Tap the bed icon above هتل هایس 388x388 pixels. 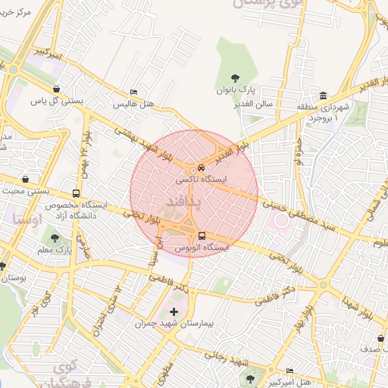tap(134, 92)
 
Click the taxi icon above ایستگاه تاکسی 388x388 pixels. tap(200, 167)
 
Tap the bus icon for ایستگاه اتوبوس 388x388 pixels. tap(202, 235)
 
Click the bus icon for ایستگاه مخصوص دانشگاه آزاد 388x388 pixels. tap(75, 194)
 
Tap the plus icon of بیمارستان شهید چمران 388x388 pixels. tap(174, 311)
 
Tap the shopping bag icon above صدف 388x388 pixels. tap(378, 338)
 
